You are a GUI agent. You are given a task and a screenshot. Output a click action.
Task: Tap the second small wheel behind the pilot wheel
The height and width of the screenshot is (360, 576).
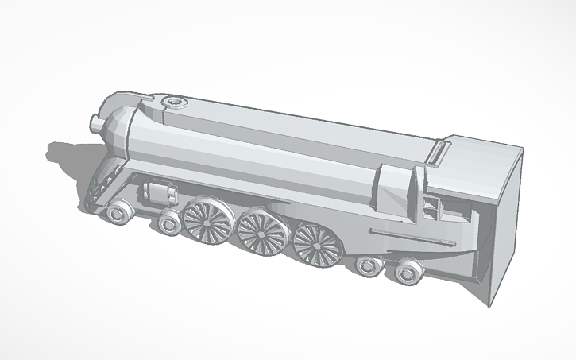168,223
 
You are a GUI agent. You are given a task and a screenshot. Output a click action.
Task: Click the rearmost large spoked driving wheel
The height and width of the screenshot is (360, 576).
315,244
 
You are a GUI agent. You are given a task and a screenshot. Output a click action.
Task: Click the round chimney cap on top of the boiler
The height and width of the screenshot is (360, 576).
173,102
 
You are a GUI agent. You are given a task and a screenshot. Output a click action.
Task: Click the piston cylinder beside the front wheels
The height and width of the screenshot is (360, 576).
159,192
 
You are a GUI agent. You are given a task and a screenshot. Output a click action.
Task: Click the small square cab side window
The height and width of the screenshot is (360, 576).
431,208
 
